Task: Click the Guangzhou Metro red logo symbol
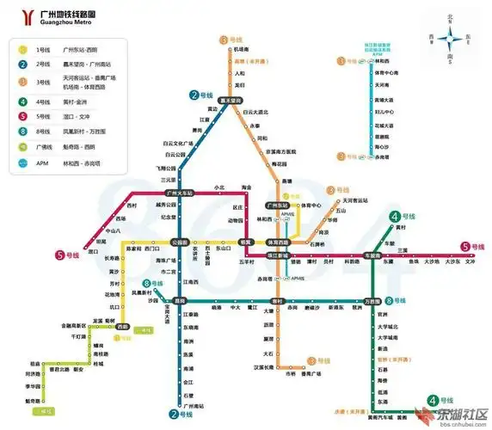[x=20, y=16]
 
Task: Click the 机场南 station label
[x=241, y=49]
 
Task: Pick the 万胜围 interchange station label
[x=372, y=301]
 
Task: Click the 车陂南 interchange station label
[x=372, y=255]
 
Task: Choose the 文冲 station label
[x=470, y=262]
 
